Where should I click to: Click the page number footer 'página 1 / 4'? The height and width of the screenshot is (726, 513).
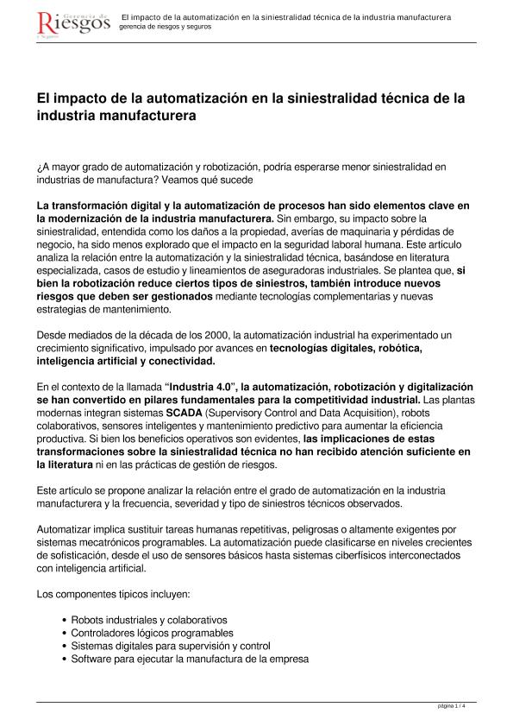452,706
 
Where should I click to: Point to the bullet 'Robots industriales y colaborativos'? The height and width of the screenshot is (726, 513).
148,620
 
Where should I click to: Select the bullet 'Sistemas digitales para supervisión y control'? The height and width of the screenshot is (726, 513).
171,646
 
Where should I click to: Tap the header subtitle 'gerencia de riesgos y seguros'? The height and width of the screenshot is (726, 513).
165,27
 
